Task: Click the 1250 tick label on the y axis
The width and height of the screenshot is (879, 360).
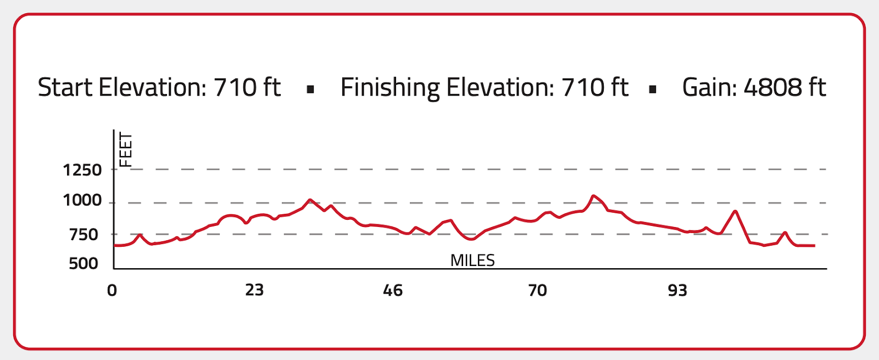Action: [x=82, y=170]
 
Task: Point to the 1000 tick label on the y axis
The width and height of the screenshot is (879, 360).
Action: [x=82, y=201]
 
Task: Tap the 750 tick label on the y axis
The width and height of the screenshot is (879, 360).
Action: [x=84, y=235]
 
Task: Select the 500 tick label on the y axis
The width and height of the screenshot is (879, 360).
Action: [x=84, y=264]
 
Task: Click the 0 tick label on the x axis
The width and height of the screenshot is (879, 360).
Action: [x=112, y=290]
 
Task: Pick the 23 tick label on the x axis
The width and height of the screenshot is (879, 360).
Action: [x=254, y=290]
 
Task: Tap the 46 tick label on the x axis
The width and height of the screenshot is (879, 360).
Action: [x=393, y=290]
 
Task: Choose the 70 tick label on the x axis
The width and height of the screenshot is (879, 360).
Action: [x=537, y=290]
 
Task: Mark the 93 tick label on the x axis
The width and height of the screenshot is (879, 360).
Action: [x=677, y=290]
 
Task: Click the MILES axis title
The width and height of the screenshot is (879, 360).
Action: [x=472, y=261]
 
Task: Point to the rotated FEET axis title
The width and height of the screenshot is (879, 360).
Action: [x=126, y=149]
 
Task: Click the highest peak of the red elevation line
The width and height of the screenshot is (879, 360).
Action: [x=593, y=196]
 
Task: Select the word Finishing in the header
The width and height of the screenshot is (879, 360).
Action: [x=390, y=88]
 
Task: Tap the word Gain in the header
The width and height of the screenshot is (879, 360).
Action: [x=709, y=87]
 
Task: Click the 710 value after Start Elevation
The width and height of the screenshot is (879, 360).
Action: [x=235, y=87]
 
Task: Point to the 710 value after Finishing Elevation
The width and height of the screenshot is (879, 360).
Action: [x=582, y=87]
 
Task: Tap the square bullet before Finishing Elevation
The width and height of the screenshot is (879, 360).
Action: [x=310, y=90]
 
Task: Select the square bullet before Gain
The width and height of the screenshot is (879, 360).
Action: [x=653, y=90]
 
